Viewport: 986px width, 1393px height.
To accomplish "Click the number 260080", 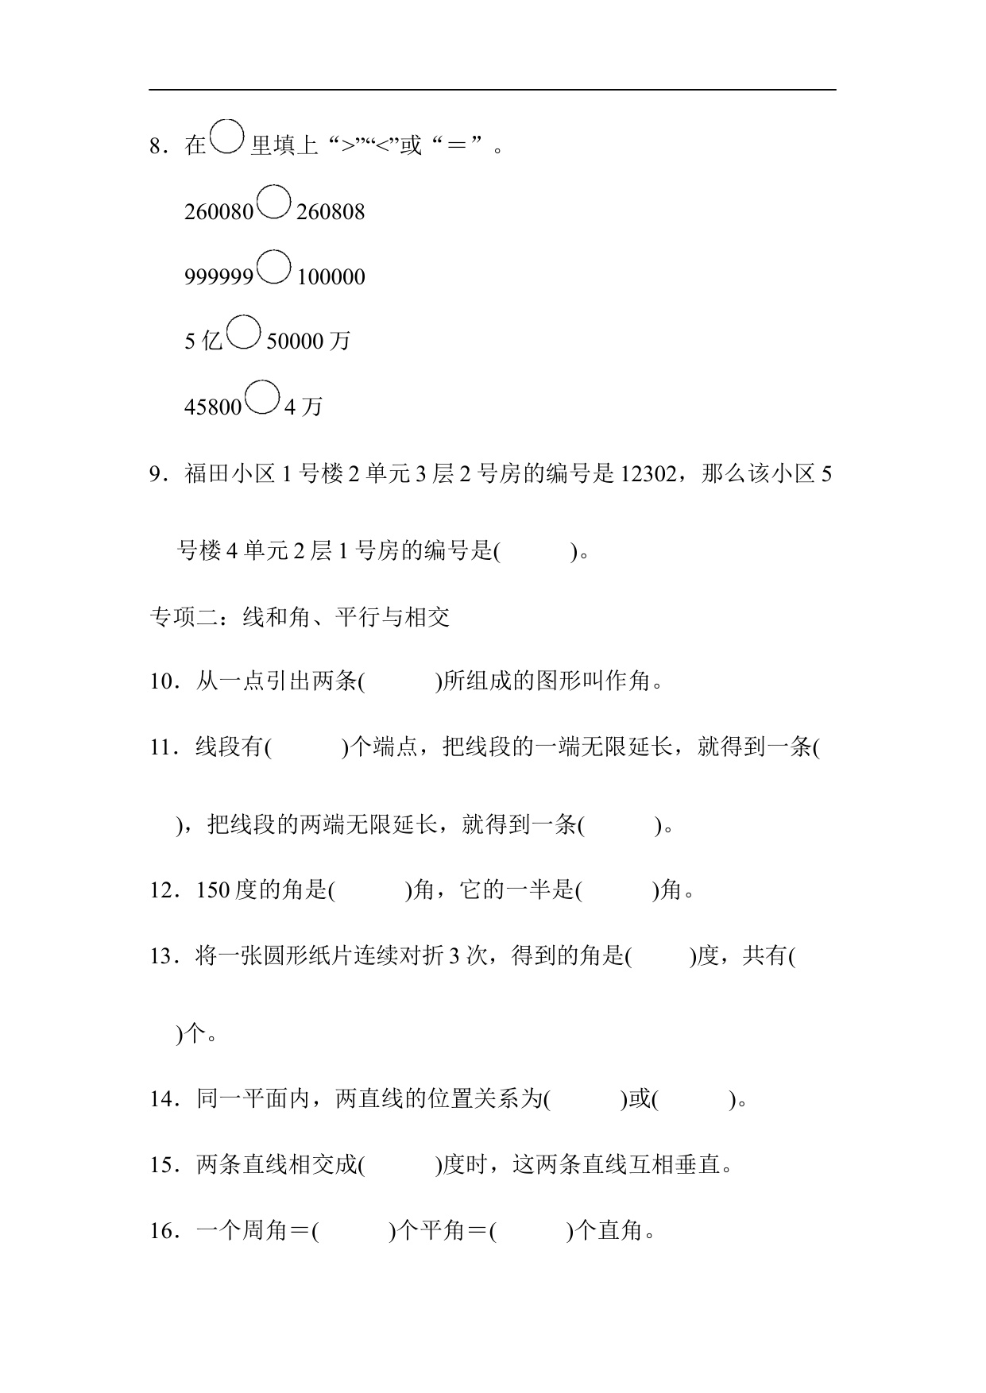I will point(218,212).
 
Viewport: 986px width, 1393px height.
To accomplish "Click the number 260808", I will point(331,212).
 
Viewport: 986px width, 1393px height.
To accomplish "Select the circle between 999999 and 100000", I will point(275,268).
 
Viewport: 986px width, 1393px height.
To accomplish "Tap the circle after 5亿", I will point(243,332).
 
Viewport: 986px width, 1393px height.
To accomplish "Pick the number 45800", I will point(213,407).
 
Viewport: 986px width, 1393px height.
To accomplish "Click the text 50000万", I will point(308,341).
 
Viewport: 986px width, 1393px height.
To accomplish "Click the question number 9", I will point(157,475).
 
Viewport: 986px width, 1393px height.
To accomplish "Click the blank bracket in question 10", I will point(400,682).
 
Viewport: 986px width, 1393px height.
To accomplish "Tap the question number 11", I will point(161,748).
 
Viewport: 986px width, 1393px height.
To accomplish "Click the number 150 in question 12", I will point(213,891).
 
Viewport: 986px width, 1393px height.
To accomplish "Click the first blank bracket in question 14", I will point(586,1100).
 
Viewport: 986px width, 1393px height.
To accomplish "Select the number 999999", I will point(218,277).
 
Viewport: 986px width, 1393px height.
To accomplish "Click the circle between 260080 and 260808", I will point(275,203).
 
